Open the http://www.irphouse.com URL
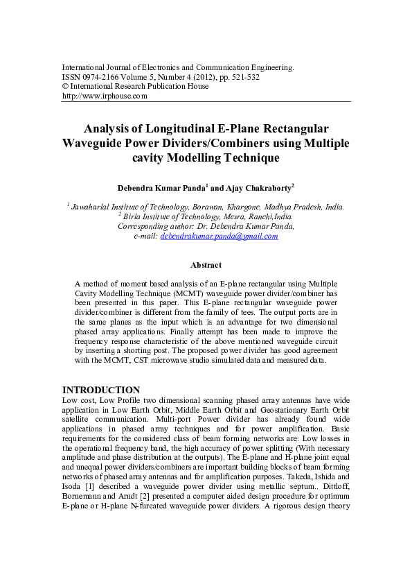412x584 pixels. click(x=105, y=96)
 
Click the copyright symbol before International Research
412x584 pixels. click(x=65, y=87)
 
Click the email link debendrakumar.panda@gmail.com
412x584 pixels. click(x=219, y=236)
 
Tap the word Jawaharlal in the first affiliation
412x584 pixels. click(x=93, y=207)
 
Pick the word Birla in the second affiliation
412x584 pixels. click(x=134, y=216)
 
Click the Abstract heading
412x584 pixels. click(x=206, y=265)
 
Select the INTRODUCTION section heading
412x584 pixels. click(x=101, y=390)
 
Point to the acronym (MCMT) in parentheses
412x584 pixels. click(x=180, y=293)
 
